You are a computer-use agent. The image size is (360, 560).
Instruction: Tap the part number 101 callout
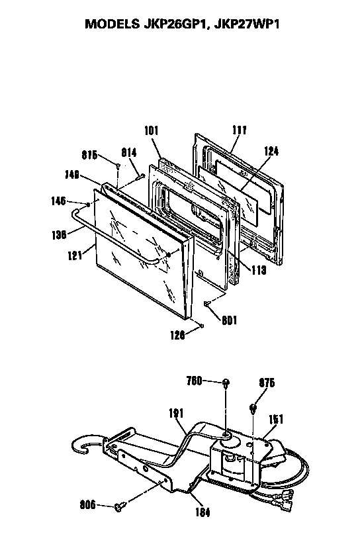(151, 130)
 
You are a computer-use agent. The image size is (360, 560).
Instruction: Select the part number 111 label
(239, 130)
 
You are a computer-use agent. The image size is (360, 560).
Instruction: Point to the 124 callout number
(271, 151)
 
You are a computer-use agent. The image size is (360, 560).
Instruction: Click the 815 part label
(89, 156)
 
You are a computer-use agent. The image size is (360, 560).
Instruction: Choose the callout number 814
(129, 152)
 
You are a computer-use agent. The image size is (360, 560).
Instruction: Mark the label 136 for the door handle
(59, 234)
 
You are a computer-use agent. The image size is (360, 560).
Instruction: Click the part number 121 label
(75, 256)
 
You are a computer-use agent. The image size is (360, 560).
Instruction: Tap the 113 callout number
(259, 270)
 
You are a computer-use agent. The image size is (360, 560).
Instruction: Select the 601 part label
(229, 320)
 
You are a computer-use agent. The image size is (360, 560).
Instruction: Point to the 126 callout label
(177, 335)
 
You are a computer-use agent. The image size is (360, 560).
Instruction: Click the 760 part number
(195, 381)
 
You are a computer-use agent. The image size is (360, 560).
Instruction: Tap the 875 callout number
(267, 383)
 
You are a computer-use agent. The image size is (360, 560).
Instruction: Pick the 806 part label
(88, 505)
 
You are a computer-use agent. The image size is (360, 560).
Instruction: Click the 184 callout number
(202, 512)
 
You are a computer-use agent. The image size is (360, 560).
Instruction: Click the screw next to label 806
(120, 506)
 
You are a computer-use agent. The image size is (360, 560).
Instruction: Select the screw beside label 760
(226, 383)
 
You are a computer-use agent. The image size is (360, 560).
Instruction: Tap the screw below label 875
(253, 408)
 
